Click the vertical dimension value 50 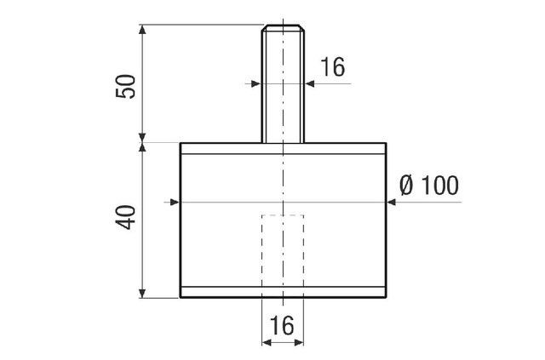[125, 87]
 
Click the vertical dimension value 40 [125, 218]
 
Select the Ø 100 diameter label [429, 186]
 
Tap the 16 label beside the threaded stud [333, 66]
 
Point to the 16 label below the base [282, 326]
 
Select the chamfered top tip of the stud [283, 28]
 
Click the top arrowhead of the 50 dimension [142, 29]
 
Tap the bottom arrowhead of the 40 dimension [142, 293]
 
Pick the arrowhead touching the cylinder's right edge [391, 202]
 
